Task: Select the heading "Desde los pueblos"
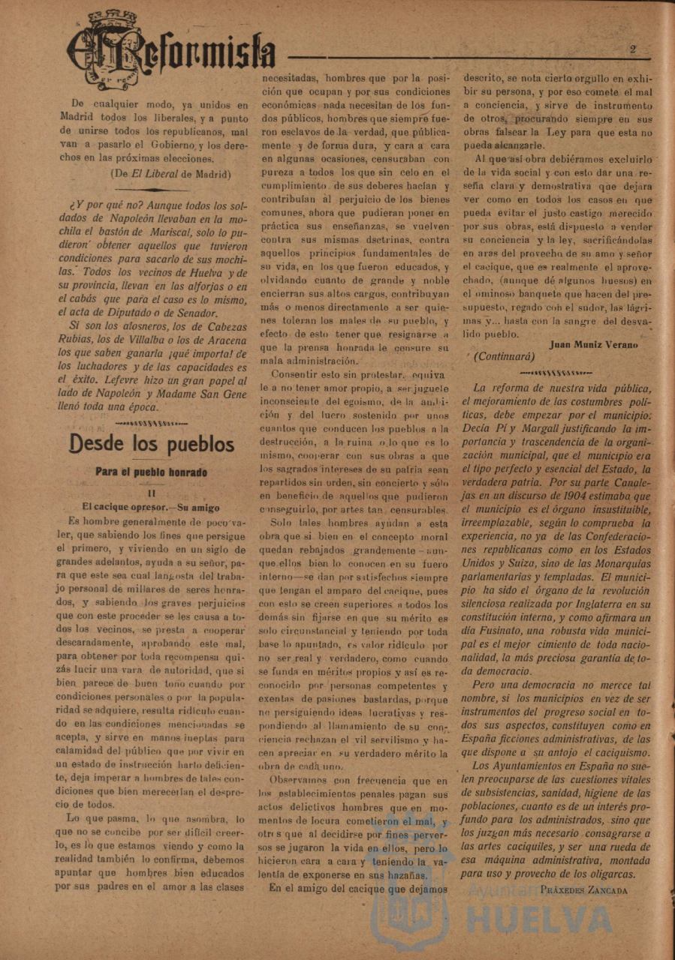click(152, 444)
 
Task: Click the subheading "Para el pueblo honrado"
click(151, 472)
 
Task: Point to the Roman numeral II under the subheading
click(151, 493)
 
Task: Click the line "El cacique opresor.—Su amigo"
click(151, 507)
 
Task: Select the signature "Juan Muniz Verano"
click(594, 345)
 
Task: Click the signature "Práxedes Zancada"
click(583, 889)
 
